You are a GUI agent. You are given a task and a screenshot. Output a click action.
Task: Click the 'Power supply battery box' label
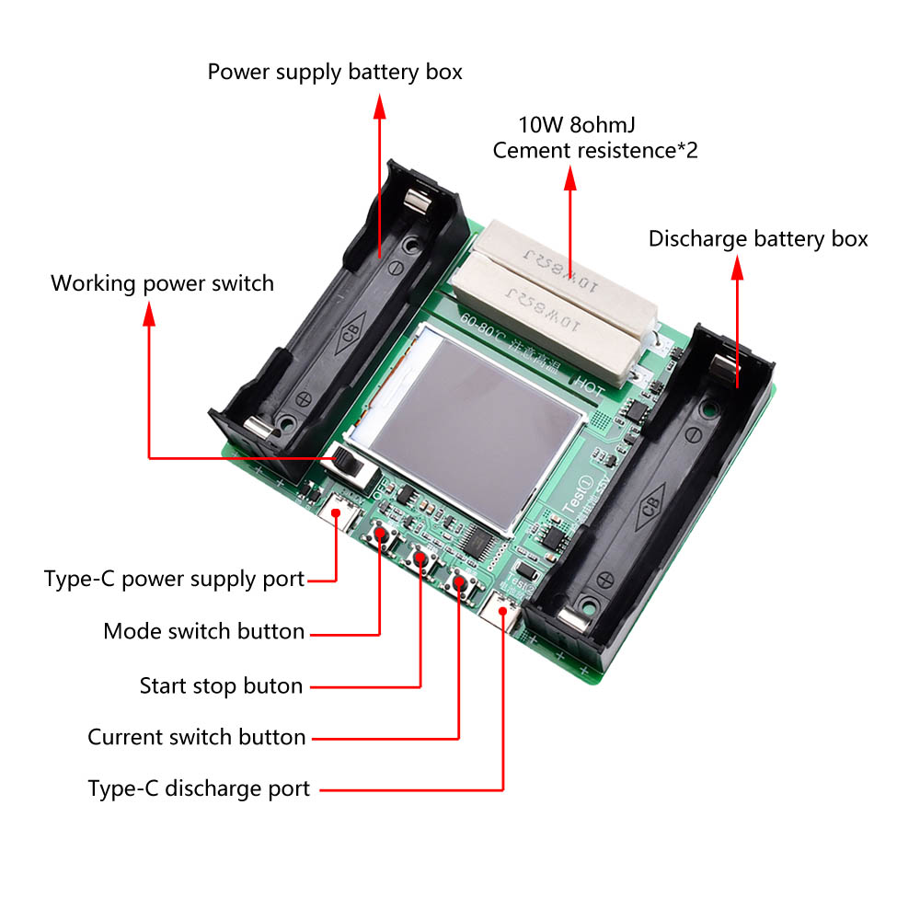pos(335,72)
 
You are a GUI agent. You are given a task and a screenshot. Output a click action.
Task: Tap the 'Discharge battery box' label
pos(758,239)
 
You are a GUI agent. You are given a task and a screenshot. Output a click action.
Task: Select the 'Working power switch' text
pos(162,282)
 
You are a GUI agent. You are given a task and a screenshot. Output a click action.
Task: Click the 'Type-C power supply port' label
pos(174,579)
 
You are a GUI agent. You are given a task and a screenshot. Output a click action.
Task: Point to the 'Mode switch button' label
pos(203,631)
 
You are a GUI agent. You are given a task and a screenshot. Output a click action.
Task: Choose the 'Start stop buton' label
pos(221,685)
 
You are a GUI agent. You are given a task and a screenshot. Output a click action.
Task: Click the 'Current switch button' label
pos(196,737)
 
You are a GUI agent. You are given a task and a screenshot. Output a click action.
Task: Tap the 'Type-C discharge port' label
pos(199,788)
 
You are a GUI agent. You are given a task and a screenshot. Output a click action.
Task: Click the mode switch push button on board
pos(379,535)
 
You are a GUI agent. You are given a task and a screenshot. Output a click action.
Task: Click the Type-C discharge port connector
pos(504,613)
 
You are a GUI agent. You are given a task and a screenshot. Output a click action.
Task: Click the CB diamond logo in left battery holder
pos(352,336)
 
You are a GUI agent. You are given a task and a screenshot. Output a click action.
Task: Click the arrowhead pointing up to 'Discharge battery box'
pos(736,269)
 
